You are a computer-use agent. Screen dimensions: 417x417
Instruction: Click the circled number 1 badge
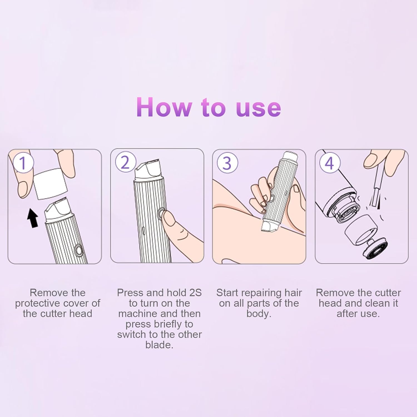tap(23, 163)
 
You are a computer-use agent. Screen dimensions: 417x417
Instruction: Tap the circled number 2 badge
tap(125, 162)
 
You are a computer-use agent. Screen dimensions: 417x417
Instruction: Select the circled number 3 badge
tap(227, 163)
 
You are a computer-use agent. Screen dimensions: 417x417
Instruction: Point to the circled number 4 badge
tap(329, 163)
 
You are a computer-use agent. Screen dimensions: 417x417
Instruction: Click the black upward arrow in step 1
tap(33, 219)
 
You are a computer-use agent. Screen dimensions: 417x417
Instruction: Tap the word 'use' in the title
tap(258, 108)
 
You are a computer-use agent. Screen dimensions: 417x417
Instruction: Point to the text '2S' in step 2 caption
tap(195, 293)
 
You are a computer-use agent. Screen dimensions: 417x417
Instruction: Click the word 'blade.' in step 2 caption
tap(159, 345)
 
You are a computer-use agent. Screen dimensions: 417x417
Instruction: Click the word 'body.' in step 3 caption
tap(259, 314)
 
